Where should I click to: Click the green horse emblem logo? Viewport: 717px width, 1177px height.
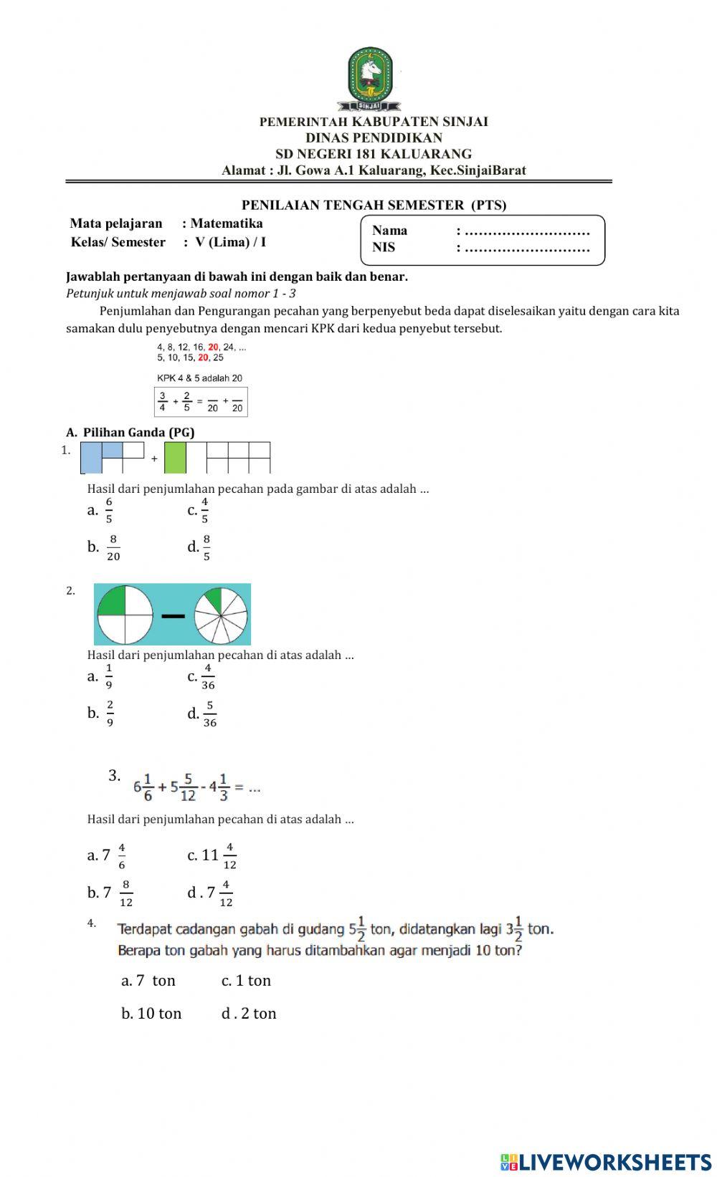(370, 75)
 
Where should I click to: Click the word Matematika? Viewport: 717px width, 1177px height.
(226, 224)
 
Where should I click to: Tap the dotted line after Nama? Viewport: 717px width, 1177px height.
(527, 231)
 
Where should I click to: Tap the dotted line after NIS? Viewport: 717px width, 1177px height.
(527, 249)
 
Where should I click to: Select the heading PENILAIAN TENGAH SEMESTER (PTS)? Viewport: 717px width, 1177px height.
(374, 205)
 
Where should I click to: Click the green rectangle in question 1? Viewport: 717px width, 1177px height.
(175, 458)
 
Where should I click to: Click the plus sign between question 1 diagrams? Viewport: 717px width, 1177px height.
(154, 459)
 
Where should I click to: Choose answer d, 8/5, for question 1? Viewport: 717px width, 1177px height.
(200, 548)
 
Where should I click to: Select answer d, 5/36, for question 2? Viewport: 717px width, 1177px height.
(203, 714)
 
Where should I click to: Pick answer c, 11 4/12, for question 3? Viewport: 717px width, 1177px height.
(213, 855)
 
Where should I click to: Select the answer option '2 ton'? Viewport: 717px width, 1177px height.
(250, 1014)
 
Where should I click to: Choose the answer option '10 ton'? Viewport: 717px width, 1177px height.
(152, 1014)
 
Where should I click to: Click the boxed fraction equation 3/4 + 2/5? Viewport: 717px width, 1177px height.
(201, 402)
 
